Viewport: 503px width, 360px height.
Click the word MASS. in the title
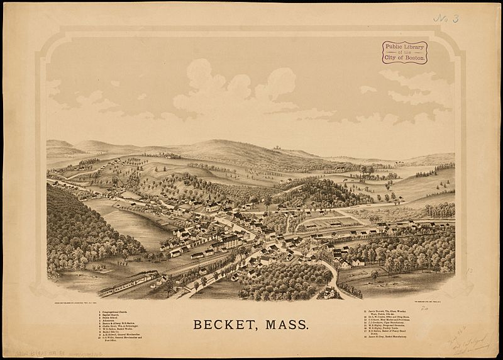pos(286,325)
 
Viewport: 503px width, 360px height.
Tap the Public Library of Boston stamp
pos(404,52)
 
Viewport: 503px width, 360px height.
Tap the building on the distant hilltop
pos(275,149)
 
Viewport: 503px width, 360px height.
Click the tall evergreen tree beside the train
pos(169,286)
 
